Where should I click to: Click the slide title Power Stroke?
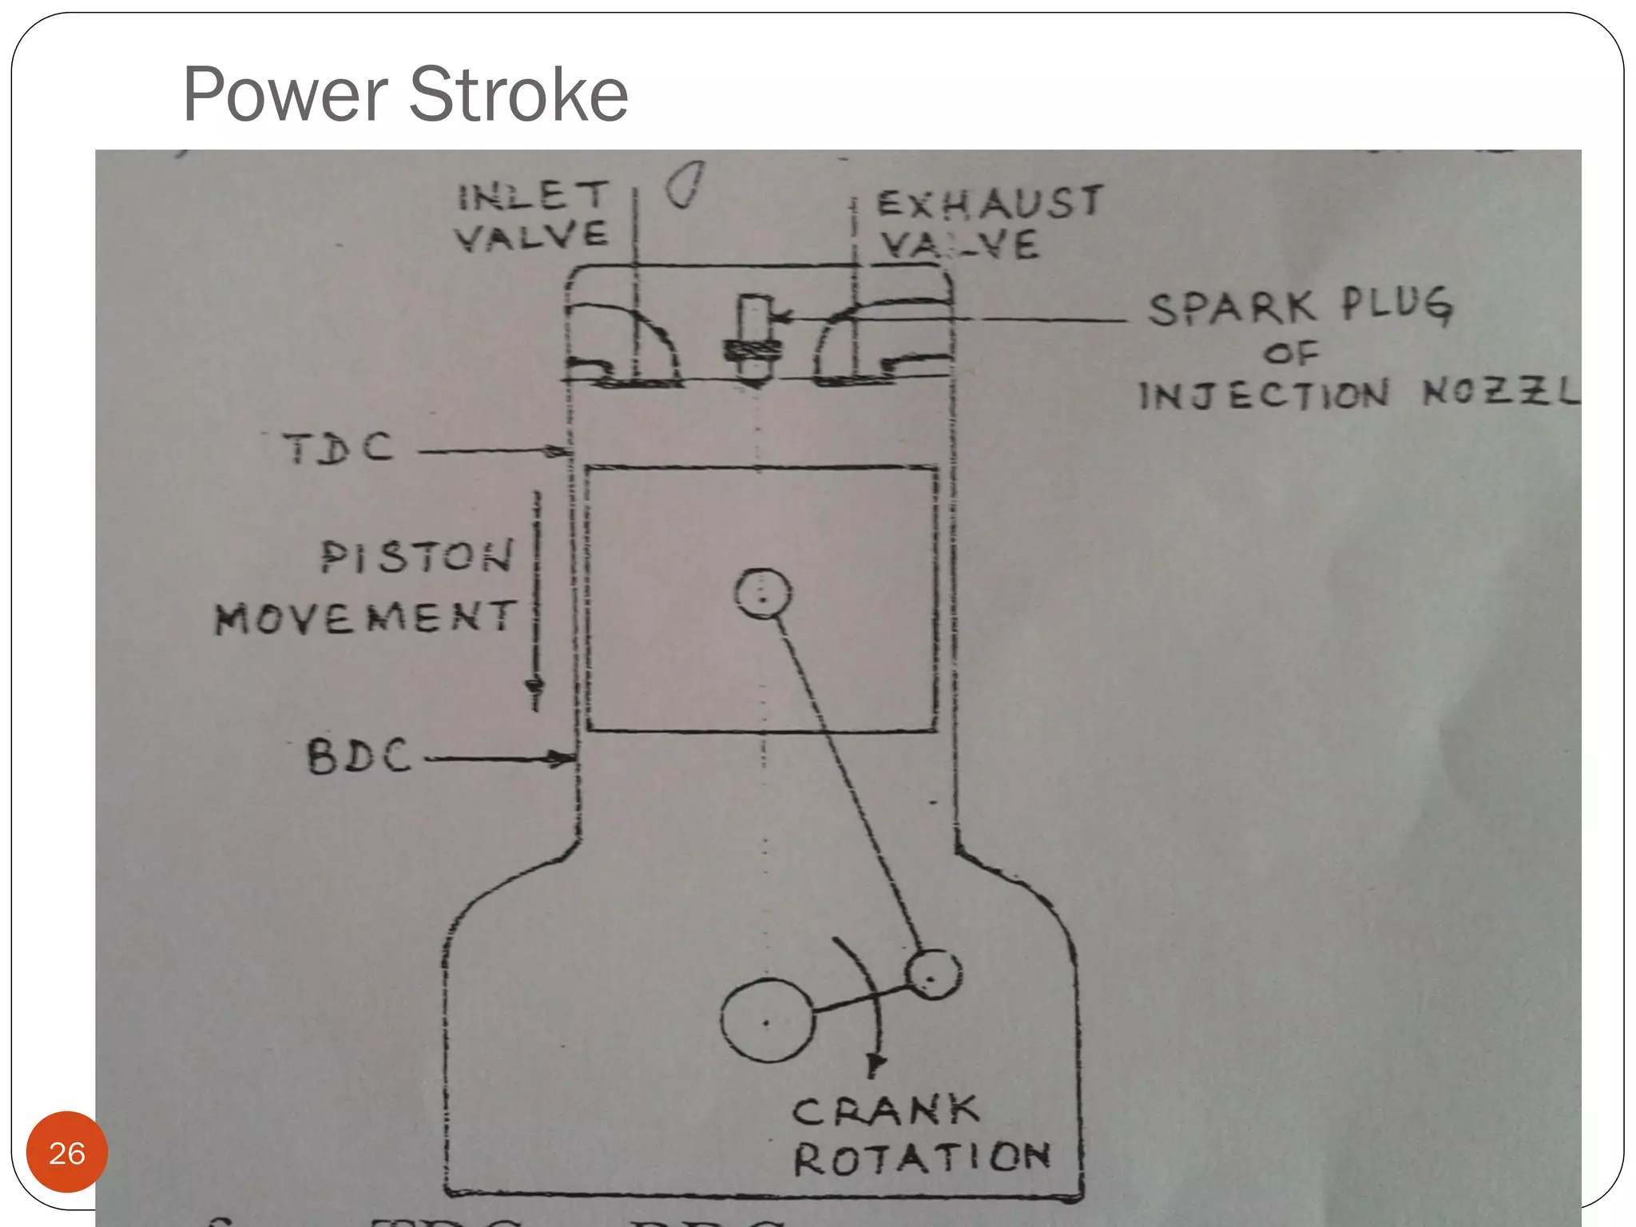405,94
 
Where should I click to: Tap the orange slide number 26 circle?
67,1153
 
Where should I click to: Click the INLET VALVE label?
532,216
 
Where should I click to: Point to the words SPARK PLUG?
1300,307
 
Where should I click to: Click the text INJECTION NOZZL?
1358,395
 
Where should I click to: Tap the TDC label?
339,448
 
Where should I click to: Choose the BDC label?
359,756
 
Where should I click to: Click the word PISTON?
417,557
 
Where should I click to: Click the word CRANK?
885,1111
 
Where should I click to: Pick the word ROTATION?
922,1158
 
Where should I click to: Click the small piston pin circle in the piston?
762,594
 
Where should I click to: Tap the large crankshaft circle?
768,1021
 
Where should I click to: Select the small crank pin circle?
932,975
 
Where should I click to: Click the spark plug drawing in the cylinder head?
751,340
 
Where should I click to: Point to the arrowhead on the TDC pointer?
558,452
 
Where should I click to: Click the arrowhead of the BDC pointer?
561,758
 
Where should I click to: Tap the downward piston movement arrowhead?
534,689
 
